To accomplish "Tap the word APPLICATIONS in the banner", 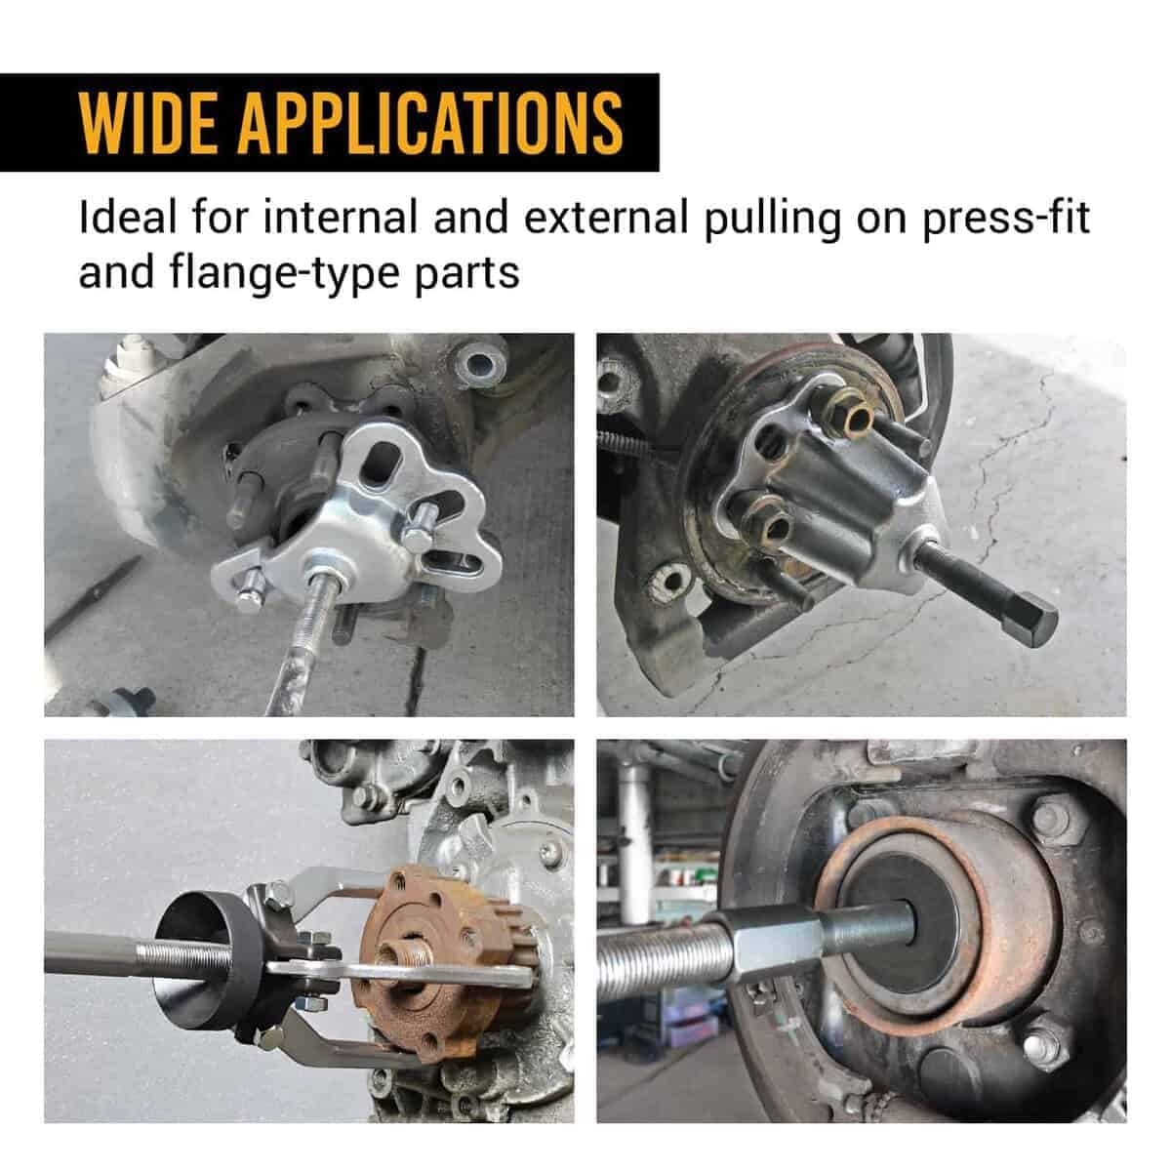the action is coord(431,123).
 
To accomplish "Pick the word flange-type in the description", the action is coord(285,274).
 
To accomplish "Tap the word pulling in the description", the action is coord(772,220).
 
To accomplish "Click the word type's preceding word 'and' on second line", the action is coord(116,273).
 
